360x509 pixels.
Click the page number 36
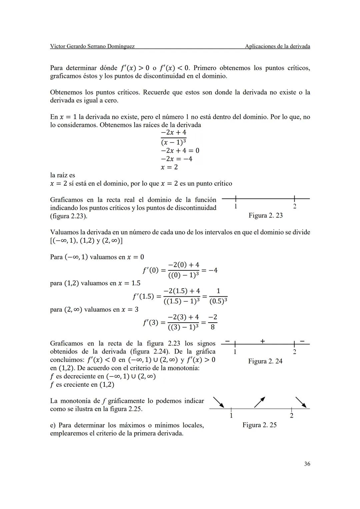pyautogui.click(x=307, y=464)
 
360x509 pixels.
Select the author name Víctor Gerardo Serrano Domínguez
pyautogui.click(x=92, y=46)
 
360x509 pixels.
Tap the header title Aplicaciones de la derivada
pyautogui.click(x=277, y=46)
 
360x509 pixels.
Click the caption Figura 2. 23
pyautogui.click(x=265, y=215)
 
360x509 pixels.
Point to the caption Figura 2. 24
pyautogui.click(x=265, y=361)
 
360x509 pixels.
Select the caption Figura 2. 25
pyautogui.click(x=259, y=425)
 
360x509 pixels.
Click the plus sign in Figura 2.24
pyautogui.click(x=263, y=341)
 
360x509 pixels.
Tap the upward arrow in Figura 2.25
pyautogui.click(x=260, y=402)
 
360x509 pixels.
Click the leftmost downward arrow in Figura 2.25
pyautogui.click(x=219, y=402)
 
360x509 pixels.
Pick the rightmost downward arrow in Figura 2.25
pyautogui.click(x=301, y=402)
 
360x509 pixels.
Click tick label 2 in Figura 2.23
pyautogui.click(x=294, y=206)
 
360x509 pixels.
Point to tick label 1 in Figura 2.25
pyautogui.click(x=231, y=416)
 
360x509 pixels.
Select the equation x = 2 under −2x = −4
pyautogui.click(x=169, y=167)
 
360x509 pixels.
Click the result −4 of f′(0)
pyautogui.click(x=213, y=270)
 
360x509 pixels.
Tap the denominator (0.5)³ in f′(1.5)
pyautogui.click(x=218, y=301)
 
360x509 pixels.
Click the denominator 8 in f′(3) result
pyautogui.click(x=213, y=327)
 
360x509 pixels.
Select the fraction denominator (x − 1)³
pyautogui.click(x=173, y=142)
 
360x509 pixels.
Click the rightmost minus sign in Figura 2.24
pyautogui.click(x=302, y=341)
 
